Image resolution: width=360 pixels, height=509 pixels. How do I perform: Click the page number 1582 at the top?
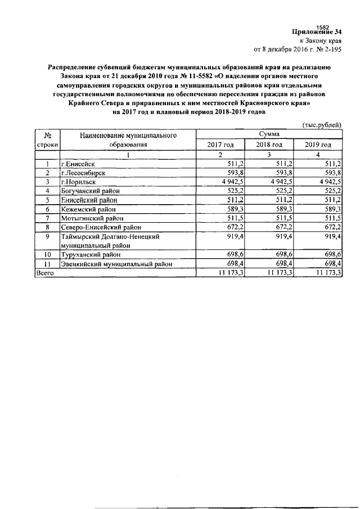coord(323,26)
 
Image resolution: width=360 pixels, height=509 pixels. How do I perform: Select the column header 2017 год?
coord(220,145)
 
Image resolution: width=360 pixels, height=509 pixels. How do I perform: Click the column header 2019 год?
coord(318,145)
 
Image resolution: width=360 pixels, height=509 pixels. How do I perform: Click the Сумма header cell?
coord(269,134)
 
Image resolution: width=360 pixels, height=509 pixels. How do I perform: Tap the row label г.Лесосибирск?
coord(85,173)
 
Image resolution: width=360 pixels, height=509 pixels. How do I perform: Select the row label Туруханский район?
coord(89,254)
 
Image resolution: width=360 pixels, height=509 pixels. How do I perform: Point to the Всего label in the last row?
coord(45,272)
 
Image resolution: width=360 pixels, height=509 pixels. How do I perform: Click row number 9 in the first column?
coord(48,237)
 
